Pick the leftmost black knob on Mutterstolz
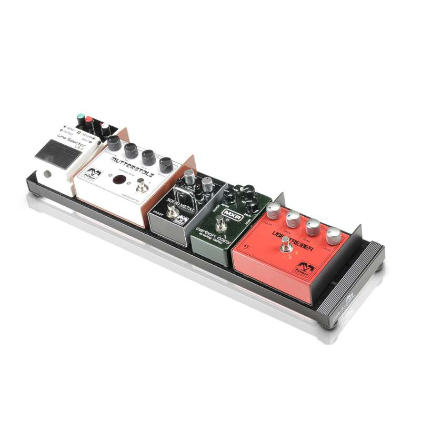115,143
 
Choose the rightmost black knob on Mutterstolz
166,164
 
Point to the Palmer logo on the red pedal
305,267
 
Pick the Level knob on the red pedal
333,236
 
